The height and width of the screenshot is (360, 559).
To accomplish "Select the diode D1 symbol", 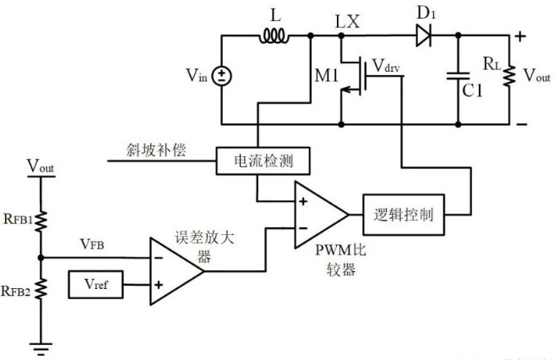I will (423, 36).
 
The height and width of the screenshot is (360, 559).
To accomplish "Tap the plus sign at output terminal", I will (520, 35).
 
